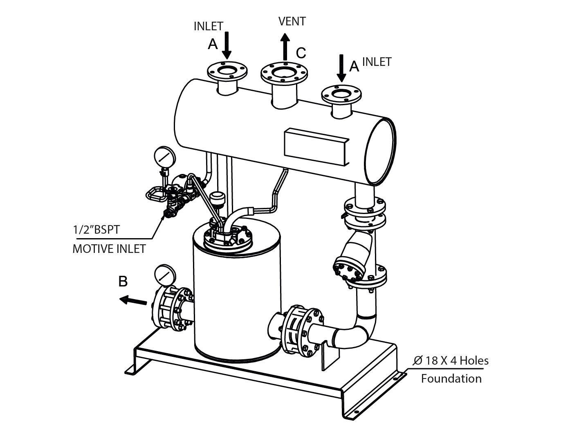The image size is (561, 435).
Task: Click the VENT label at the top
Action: [x=292, y=21]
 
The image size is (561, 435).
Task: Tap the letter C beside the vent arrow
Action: [x=301, y=53]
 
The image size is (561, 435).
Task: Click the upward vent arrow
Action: [x=285, y=47]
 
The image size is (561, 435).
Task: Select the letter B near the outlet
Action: [x=123, y=281]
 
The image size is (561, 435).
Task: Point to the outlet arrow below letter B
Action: [x=133, y=300]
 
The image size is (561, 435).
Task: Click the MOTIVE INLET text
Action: [x=109, y=249]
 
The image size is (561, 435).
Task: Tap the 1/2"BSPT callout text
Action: [x=96, y=230]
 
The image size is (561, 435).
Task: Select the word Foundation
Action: [x=451, y=379]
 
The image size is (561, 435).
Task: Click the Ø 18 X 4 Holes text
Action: [x=451, y=361]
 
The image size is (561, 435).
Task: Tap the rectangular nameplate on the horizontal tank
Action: [x=316, y=147]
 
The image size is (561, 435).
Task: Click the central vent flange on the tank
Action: [x=284, y=72]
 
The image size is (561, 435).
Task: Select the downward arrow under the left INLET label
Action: [x=227, y=45]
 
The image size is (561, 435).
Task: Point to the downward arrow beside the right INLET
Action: [x=341, y=68]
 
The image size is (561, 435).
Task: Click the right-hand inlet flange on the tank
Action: [x=341, y=95]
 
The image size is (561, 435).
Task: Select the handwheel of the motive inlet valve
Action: [x=156, y=194]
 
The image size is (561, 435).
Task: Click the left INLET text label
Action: [x=209, y=26]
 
